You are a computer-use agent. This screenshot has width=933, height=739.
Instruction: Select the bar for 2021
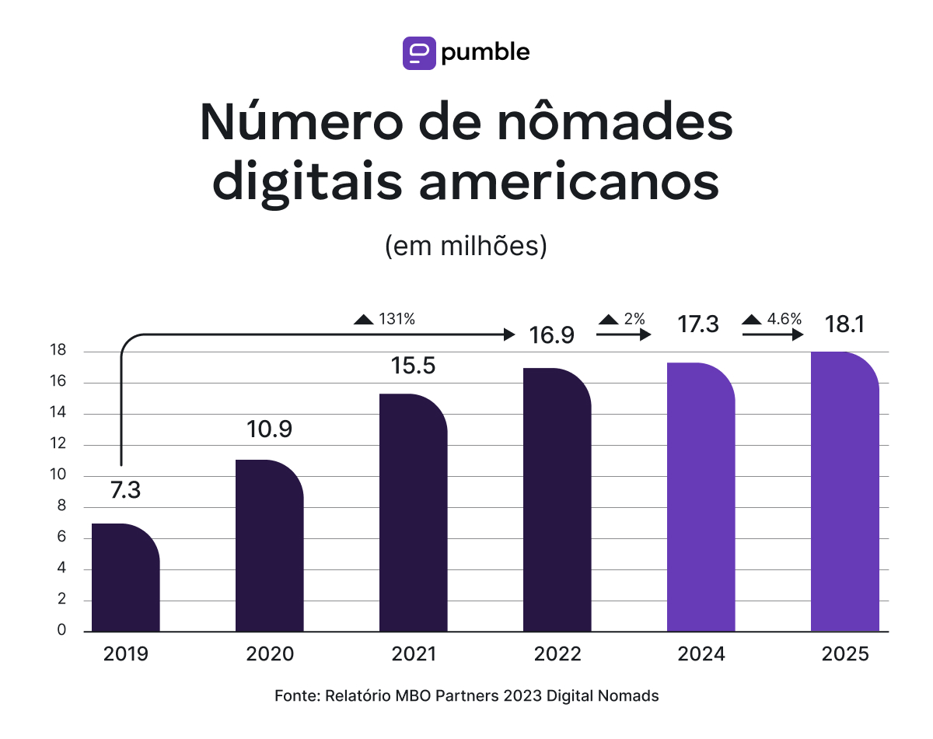[x=413, y=513]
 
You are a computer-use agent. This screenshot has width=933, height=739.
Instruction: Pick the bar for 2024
[x=701, y=497]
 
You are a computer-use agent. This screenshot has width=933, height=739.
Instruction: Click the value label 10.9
[x=269, y=429]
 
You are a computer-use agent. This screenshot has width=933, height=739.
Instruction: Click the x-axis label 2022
[x=557, y=654]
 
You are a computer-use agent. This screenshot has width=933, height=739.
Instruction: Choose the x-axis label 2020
[x=270, y=654]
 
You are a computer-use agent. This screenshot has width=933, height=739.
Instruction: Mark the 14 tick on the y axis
[x=59, y=414]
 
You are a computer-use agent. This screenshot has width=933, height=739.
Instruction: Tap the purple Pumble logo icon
[x=419, y=53]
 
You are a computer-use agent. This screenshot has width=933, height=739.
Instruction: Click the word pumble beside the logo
[x=485, y=52]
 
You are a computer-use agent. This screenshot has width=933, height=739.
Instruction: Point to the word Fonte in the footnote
[x=295, y=696]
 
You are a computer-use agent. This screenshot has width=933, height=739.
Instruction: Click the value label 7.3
[x=125, y=491]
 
